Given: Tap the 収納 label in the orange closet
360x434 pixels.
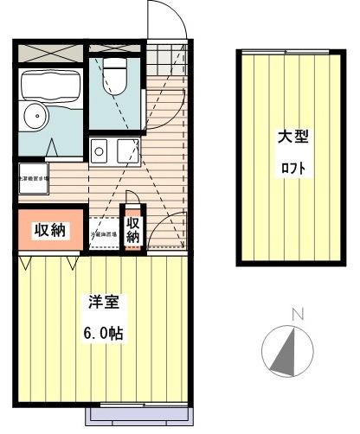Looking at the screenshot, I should (49, 230).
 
